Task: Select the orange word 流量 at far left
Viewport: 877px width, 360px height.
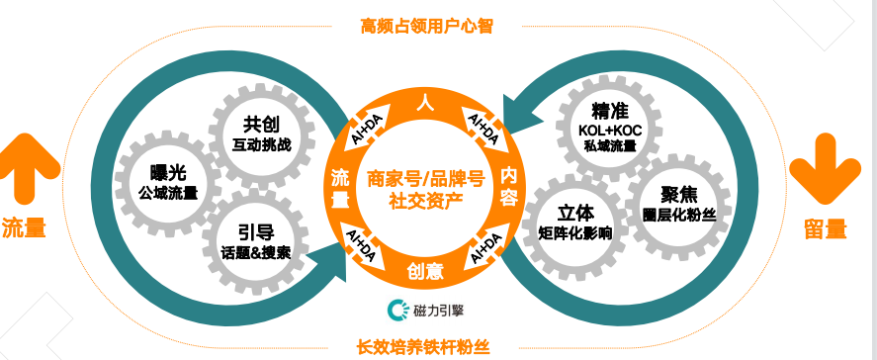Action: (25, 227)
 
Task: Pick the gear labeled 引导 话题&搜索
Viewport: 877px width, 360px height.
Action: (256, 240)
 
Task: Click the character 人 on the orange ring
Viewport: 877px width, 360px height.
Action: (425, 103)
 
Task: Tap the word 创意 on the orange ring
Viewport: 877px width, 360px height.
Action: (426, 269)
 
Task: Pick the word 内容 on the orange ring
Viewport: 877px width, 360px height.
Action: (509, 184)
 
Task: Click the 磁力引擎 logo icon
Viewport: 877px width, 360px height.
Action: (397, 310)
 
